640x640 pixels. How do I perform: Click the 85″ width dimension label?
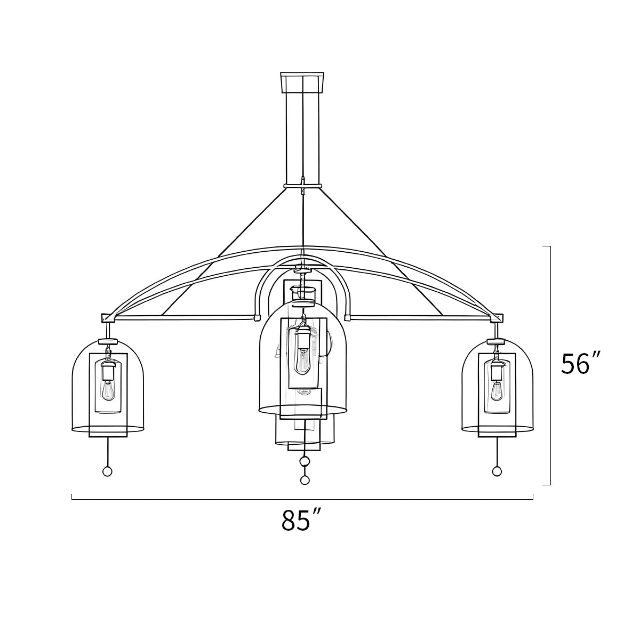(302, 521)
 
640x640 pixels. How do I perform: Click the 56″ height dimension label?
(581, 364)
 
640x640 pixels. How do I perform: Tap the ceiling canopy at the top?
(302, 82)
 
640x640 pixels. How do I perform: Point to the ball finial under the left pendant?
(107, 471)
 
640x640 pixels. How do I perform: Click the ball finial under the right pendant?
(497, 471)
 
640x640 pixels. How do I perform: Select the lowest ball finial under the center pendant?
(305, 480)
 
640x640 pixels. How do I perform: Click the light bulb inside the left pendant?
(108, 391)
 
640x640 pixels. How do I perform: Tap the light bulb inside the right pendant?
(497, 391)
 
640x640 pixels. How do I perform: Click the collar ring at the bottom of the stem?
(302, 187)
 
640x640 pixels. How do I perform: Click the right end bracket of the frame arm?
(497, 318)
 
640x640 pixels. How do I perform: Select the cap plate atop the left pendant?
(108, 340)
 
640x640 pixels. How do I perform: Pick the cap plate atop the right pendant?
(497, 340)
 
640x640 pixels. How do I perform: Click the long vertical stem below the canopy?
(302, 139)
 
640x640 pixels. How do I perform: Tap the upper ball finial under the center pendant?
(305, 461)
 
